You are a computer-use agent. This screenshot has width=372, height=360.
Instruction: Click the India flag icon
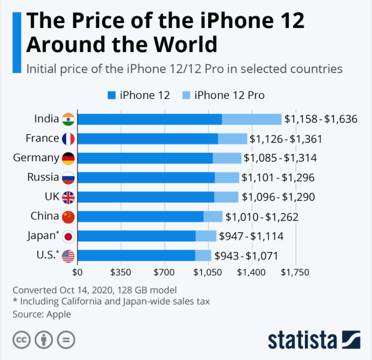[68, 119]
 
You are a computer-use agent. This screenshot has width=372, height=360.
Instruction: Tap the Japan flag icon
[68, 237]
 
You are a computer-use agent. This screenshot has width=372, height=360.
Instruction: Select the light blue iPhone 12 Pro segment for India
[252, 119]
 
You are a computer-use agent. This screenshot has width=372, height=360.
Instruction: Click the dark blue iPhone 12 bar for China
[140, 216]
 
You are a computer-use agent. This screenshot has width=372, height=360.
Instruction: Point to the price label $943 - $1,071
[246, 256]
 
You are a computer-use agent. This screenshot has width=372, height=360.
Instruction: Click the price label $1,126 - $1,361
[286, 139]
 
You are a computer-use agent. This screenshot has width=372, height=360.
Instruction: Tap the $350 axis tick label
[121, 272]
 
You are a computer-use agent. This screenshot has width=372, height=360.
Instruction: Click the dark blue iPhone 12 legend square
[110, 95]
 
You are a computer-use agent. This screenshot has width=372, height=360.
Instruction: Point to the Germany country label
[36, 158]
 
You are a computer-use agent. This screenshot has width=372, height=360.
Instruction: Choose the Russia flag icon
[68, 177]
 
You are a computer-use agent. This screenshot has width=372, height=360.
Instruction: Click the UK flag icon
[68, 197]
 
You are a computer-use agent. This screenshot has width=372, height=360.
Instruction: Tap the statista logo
[314, 339]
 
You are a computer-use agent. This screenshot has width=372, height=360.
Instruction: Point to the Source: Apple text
[42, 314]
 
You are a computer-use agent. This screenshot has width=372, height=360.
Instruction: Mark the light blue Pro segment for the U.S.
[203, 256]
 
